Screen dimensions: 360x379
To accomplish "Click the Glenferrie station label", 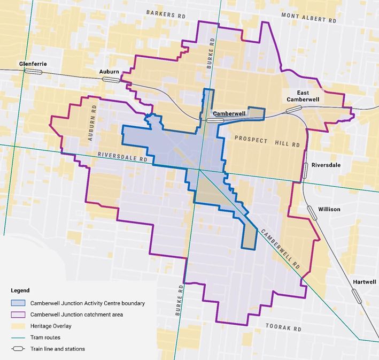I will coord(33,64).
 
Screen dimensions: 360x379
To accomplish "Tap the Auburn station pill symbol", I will coord(112,79).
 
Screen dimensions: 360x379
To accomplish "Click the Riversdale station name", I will coord(326,165).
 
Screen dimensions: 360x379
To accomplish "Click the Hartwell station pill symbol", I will coord(356,296).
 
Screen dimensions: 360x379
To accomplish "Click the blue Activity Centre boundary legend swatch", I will coord(19,303).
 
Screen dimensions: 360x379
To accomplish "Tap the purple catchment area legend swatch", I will coord(19,315).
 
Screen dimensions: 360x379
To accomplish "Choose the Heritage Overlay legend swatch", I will coord(19,326).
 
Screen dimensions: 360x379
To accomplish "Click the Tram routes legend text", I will coord(45,338).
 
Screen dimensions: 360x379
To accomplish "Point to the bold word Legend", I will coord(20,290).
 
